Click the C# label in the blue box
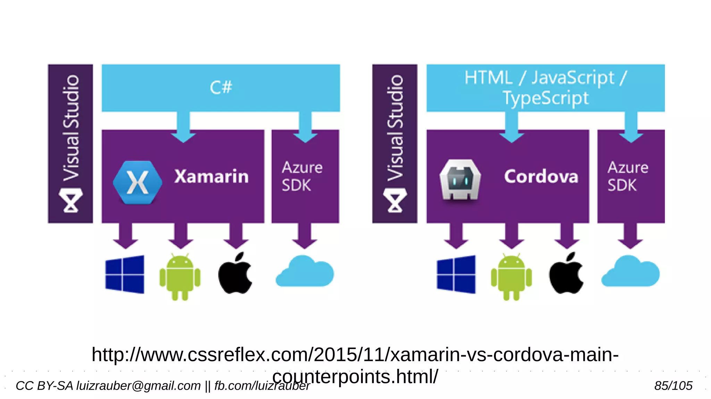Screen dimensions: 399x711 tap(221, 87)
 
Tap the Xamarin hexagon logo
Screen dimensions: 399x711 tap(137, 182)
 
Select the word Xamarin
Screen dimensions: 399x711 tap(211, 176)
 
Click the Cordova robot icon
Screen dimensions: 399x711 tap(460, 180)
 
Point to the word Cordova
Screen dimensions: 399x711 tap(541, 176)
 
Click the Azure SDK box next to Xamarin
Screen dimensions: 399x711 tap(305, 176)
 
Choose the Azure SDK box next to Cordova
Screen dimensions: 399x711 tap(630, 176)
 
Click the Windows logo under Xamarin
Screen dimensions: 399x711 tap(125, 274)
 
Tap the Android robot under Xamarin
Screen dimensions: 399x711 tap(180, 277)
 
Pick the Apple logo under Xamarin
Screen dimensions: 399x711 tap(235, 274)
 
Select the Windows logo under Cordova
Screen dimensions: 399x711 tap(456, 274)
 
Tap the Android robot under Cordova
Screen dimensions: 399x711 tap(511, 277)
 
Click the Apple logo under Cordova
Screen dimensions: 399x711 tap(566, 274)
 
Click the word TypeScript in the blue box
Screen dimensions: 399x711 tap(546, 98)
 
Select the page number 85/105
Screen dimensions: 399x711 tap(673, 386)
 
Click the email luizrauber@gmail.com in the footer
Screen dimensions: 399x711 tap(139, 386)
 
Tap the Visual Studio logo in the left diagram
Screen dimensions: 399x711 tap(71, 200)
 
